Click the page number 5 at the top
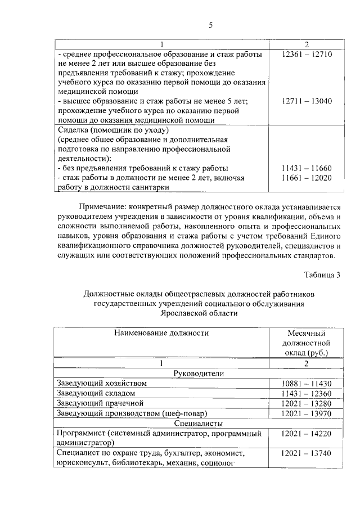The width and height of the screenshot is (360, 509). click(x=210, y=25)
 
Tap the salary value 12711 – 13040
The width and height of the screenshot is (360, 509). click(x=307, y=101)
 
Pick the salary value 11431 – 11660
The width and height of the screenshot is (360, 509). click(x=307, y=168)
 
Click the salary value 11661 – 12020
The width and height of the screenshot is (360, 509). click(x=307, y=178)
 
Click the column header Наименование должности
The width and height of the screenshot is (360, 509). click(x=161, y=333)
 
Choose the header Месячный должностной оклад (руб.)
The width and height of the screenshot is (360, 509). click(x=307, y=343)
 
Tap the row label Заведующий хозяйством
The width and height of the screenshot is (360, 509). click(x=102, y=383)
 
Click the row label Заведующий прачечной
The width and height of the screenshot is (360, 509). click(x=100, y=403)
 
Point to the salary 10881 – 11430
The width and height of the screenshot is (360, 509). click(x=307, y=384)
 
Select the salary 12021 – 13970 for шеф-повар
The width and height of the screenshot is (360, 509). click(x=307, y=413)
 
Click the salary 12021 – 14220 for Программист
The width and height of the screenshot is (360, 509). click(x=307, y=434)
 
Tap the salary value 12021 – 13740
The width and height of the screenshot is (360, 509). click(x=307, y=454)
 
